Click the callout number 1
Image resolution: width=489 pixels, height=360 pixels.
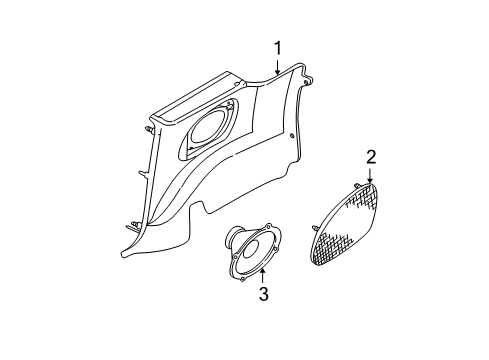(278, 47)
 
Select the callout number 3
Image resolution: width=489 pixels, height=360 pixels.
(263, 294)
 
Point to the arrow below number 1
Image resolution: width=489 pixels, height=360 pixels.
(278, 68)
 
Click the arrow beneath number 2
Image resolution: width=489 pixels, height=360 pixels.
(369, 175)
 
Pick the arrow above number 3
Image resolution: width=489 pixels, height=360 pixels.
(263, 274)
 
